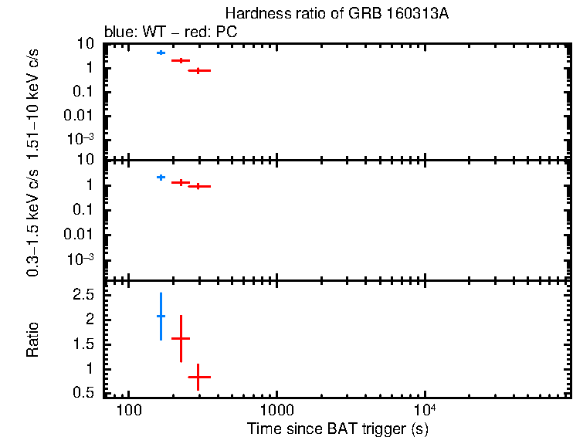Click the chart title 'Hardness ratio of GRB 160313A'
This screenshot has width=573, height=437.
coord(334,13)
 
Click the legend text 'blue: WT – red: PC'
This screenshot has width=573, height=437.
coord(170,34)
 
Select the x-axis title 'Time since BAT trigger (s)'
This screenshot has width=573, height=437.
coord(337,429)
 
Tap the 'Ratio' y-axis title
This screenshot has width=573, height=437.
coord(33,339)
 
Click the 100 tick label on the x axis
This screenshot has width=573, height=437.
coord(129,408)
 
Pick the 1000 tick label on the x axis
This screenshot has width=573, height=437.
coord(276,408)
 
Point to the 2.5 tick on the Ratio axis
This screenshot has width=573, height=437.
coord(90,295)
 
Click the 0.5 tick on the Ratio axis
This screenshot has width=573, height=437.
coord(90,393)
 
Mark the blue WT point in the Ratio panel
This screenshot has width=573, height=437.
coord(161,316)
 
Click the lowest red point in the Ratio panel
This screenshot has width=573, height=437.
coord(198,377)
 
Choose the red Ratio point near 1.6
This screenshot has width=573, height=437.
coord(181,338)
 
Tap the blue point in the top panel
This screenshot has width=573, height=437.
coord(161,53)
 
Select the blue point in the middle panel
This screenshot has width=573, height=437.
coord(161,177)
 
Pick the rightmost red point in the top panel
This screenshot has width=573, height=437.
coord(198,70)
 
